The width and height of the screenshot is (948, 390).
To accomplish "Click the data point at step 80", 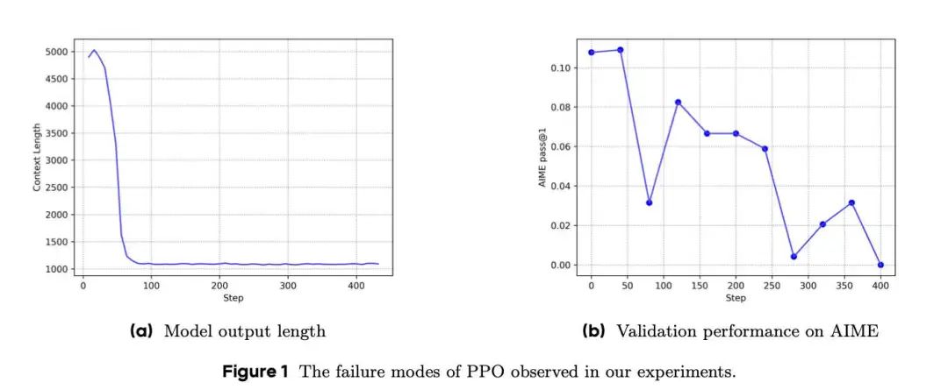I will pyautogui.click(x=649, y=202).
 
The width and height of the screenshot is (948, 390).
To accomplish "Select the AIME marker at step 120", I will pyautogui.click(x=678, y=102).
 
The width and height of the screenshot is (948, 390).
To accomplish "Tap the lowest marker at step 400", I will pyautogui.click(x=880, y=265).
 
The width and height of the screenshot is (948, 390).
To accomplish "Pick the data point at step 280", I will pyautogui.click(x=794, y=256).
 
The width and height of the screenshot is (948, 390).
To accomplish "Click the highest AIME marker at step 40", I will pyautogui.click(x=620, y=50).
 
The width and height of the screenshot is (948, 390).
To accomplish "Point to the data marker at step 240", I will pyautogui.click(x=765, y=148).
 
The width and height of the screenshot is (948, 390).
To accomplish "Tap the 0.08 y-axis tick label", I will pyautogui.click(x=559, y=107).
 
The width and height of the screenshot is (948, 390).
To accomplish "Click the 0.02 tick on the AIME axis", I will pyautogui.click(x=559, y=225).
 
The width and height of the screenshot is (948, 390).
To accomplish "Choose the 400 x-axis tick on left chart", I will pyautogui.click(x=355, y=286).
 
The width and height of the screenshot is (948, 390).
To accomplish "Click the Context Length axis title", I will pyautogui.click(x=37, y=159).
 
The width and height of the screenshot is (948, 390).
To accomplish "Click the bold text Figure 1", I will pyautogui.click(x=255, y=371).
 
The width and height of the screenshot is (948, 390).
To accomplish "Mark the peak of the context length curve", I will pyautogui.click(x=95, y=51).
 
